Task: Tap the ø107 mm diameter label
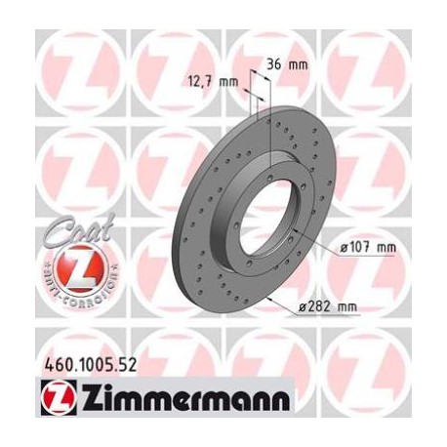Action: (x=371, y=248)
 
